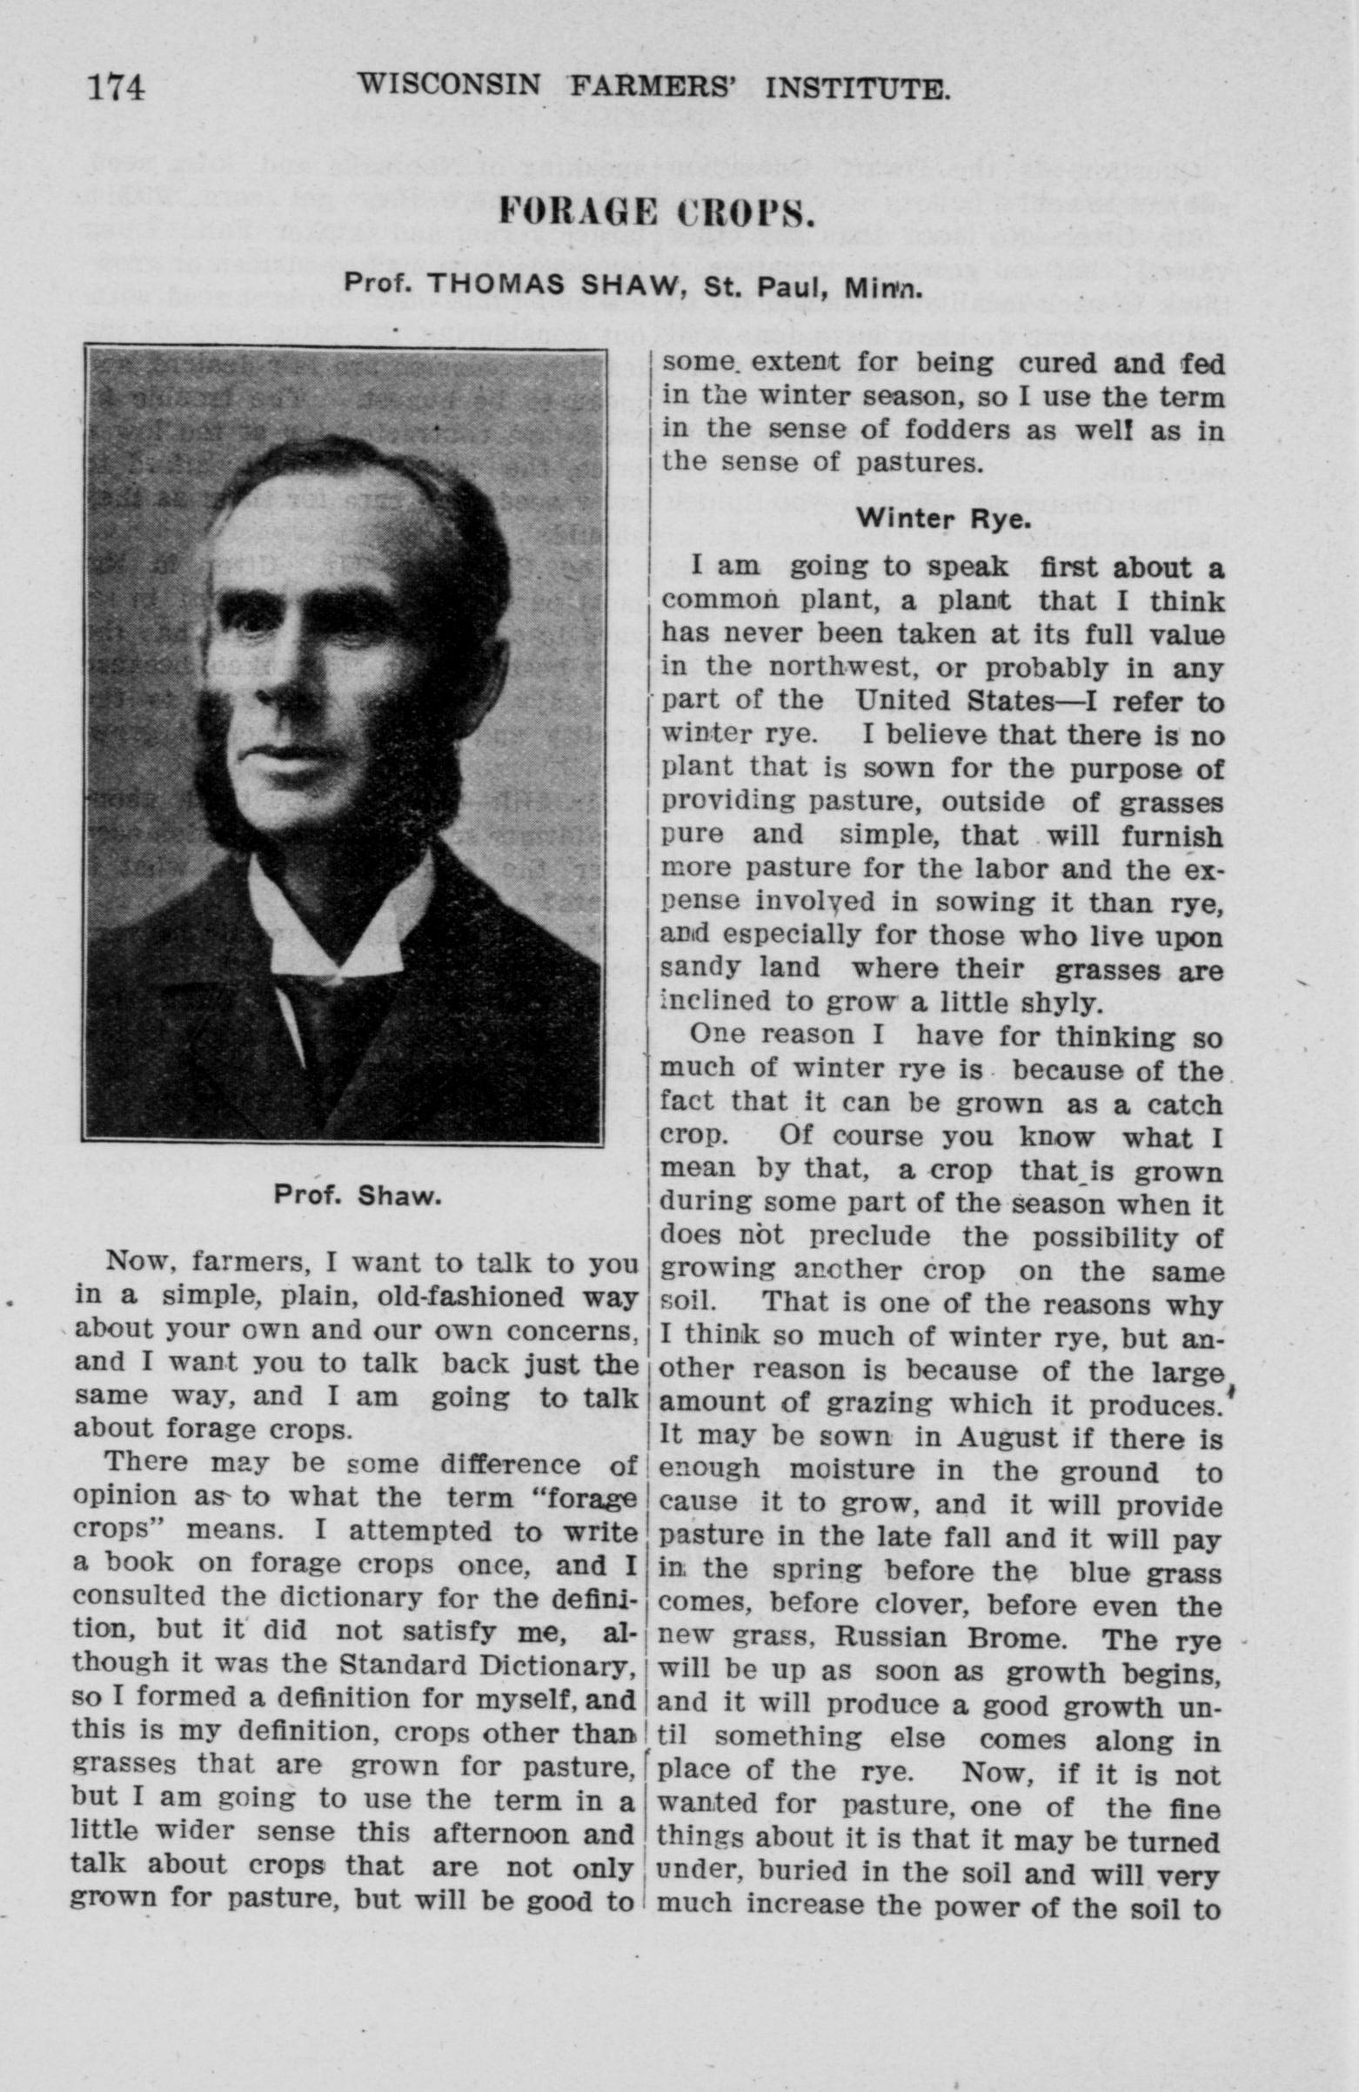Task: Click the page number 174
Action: pos(115,89)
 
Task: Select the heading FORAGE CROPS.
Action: pos(654,212)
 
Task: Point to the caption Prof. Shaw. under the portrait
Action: pos(356,1197)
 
